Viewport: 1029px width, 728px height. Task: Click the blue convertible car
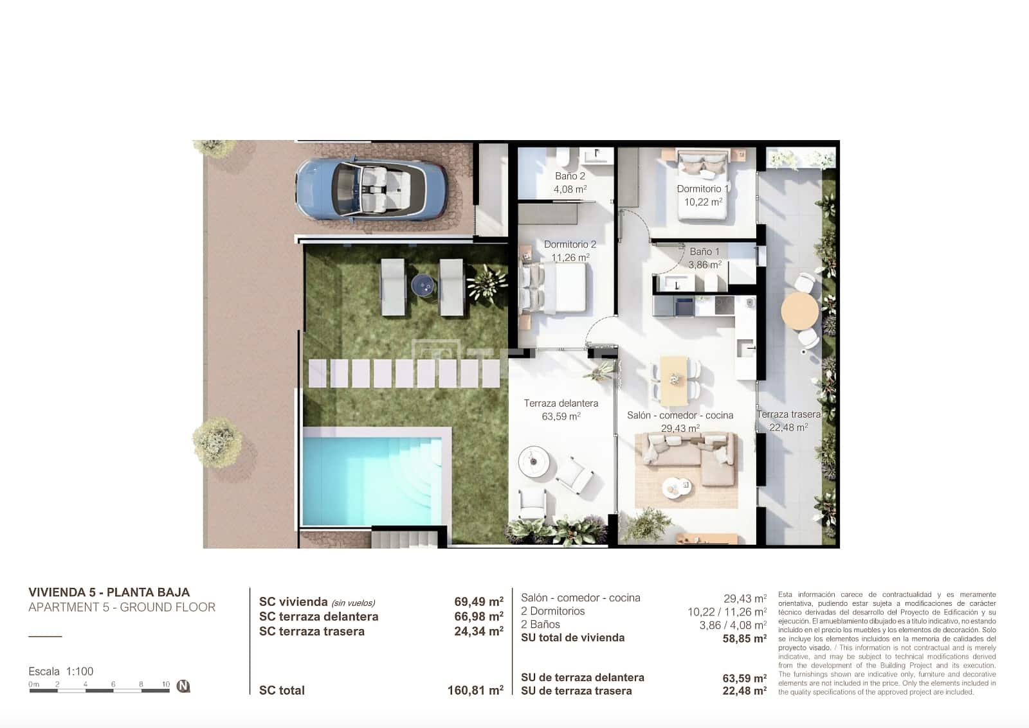click(x=371, y=190)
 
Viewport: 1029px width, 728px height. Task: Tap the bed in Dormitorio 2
click(x=555, y=287)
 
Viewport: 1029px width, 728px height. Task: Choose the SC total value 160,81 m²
click(x=475, y=691)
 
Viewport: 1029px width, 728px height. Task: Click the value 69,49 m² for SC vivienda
click(x=478, y=602)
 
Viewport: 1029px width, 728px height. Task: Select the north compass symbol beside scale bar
click(x=183, y=686)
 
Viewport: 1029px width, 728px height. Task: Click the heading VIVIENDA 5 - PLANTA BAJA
click(x=109, y=592)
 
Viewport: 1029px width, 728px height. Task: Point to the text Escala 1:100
click(x=61, y=671)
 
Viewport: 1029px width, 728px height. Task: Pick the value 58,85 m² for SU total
click(x=744, y=639)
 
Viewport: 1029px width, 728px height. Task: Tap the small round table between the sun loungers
click(x=423, y=283)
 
